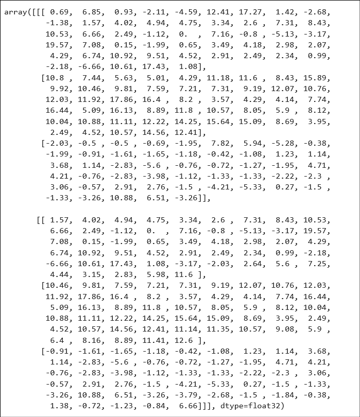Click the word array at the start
(x=16, y=12)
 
